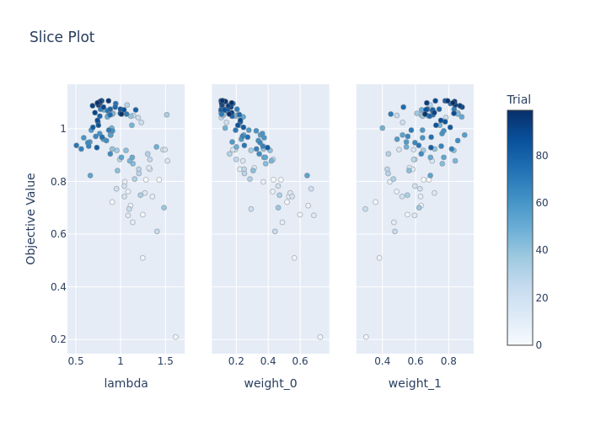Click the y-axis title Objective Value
[x=31, y=218]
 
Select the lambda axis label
[x=126, y=384]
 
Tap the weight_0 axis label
[x=270, y=384]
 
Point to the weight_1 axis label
[x=415, y=384]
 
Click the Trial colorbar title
[x=518, y=100]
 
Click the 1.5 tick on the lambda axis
[x=165, y=361]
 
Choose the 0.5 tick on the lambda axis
[x=76, y=361]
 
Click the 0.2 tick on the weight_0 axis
[x=236, y=361]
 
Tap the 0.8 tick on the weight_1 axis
[x=448, y=361]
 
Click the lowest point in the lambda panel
[x=175, y=337]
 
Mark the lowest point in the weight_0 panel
[x=319, y=337]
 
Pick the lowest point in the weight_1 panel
[x=366, y=337]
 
